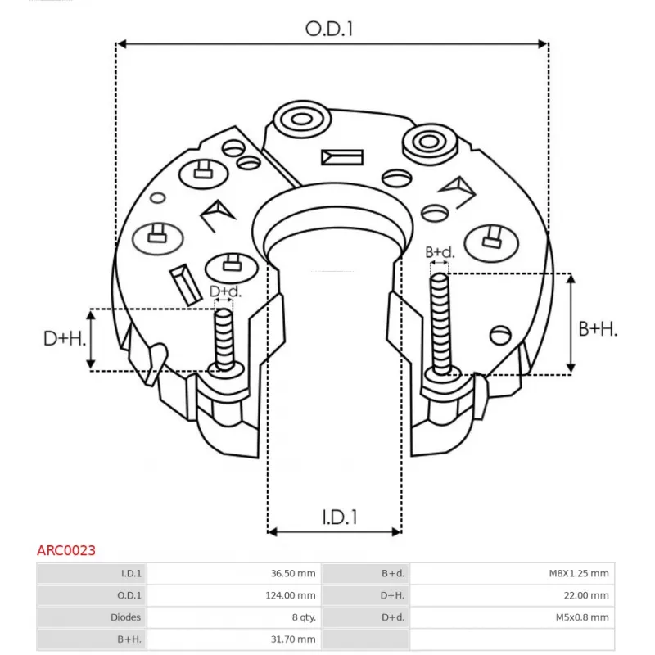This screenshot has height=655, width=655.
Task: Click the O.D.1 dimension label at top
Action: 329,29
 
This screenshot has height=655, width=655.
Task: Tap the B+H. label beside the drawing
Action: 598,329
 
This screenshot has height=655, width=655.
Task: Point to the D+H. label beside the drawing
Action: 64,339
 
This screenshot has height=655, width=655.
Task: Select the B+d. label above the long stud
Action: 440,252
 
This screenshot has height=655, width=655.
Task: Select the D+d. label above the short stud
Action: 225,291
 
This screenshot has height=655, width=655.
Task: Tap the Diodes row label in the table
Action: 125,617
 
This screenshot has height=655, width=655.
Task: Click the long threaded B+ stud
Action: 440,323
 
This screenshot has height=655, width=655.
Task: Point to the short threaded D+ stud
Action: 224,340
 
